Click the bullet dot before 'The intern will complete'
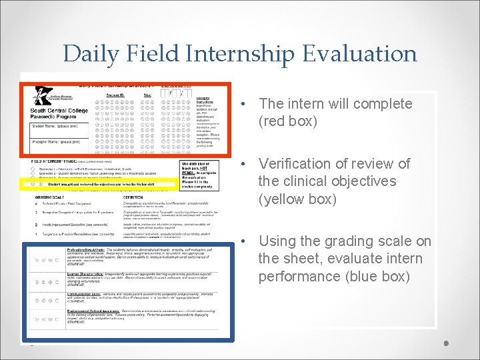pos(246,105)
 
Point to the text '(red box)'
pos(288,121)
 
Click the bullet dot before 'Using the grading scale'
pos(246,241)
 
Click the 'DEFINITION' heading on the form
pos(137,197)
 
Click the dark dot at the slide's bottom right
pos(447,343)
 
